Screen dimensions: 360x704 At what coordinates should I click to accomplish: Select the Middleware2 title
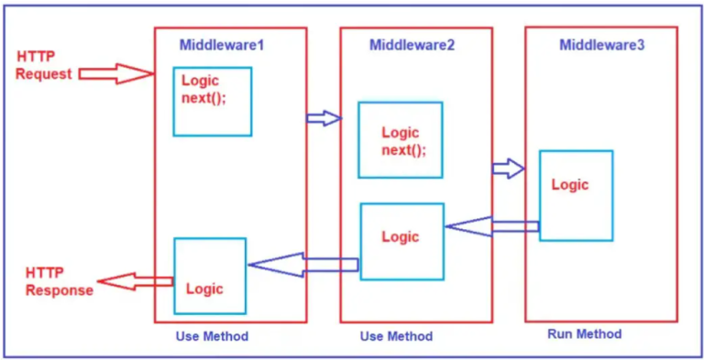coord(412,45)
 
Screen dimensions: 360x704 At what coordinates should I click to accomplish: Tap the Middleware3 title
coord(601,45)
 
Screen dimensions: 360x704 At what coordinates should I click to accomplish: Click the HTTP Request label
coord(43,65)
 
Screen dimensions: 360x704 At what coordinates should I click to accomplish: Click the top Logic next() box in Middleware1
coord(212,101)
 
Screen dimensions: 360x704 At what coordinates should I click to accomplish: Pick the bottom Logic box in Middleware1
coord(210,276)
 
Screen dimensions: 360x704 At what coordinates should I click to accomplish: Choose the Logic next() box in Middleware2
coord(400,139)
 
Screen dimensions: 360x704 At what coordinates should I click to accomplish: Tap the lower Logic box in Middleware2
coord(401,241)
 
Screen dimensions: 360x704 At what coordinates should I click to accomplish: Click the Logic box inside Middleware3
coord(576,195)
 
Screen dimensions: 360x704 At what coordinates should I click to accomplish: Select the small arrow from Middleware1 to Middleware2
coord(323,117)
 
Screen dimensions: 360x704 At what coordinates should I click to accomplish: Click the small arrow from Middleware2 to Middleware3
coord(508,169)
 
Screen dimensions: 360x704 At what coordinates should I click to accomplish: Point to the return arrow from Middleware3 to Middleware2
coord(491,225)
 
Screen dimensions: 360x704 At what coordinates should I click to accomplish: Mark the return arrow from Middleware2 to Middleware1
coord(302,266)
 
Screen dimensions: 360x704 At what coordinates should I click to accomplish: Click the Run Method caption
coord(584,334)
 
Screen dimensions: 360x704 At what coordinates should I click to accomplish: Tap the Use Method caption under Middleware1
coord(212,336)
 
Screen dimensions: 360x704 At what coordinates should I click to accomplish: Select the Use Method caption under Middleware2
coord(396,336)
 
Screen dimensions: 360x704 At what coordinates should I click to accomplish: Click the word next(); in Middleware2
coord(403,150)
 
